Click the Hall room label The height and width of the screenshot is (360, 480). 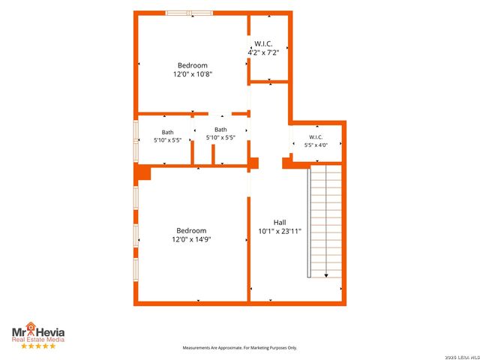tap(280, 223)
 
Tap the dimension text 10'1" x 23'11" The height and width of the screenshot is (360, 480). tap(280, 232)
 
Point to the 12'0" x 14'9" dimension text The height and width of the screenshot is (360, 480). tap(191, 239)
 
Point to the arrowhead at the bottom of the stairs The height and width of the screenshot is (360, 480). tap(326, 275)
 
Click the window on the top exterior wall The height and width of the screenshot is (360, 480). tap(189, 13)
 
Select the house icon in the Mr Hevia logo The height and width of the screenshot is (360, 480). tap(30, 327)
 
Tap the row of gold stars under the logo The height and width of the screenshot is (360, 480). tap(38, 346)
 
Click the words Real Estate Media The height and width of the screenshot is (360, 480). tap(38, 340)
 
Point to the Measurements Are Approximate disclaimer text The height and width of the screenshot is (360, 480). tap(240, 348)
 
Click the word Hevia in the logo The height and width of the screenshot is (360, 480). tap(51, 333)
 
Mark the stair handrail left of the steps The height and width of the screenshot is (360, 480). tap(309, 223)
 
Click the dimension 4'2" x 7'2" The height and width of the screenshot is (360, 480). tap(263, 52)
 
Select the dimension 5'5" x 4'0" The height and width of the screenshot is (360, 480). tap(316, 145)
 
